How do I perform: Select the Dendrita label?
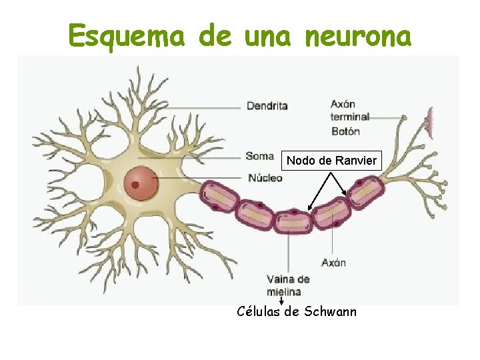click(267, 105)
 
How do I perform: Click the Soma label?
click(259, 156)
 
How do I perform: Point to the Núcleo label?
click(265, 178)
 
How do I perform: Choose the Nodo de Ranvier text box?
click(331, 161)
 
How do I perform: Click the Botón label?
click(345, 131)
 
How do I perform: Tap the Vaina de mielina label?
click(287, 285)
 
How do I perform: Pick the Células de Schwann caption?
click(297, 311)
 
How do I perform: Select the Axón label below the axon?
click(333, 262)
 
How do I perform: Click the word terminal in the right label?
click(350, 117)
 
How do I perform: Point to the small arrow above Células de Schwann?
click(281, 301)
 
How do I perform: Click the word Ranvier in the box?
click(356, 161)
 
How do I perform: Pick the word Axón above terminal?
click(343, 104)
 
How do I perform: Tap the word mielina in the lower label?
click(283, 291)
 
